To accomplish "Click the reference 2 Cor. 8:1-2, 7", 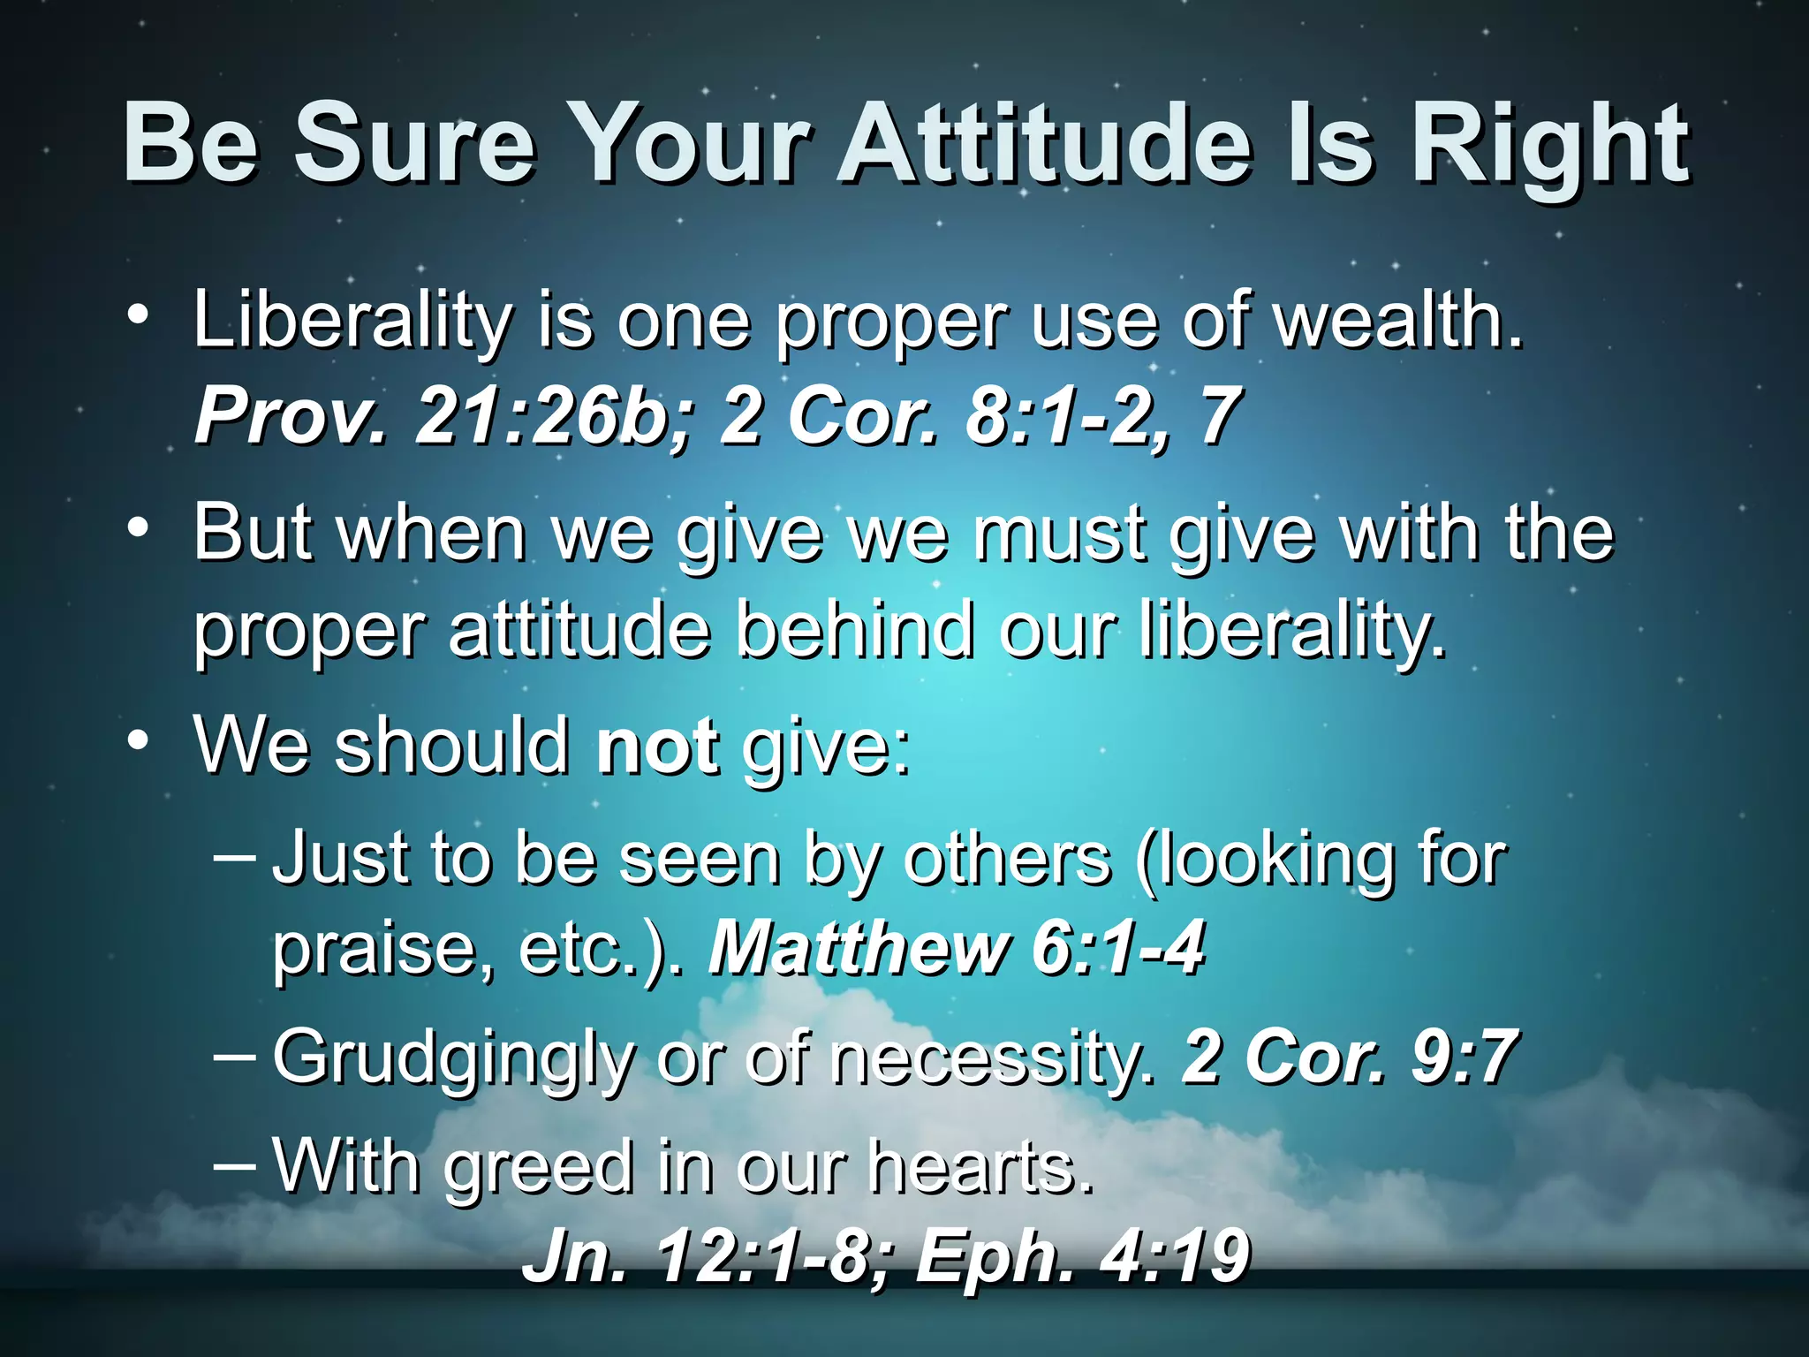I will pos(980,416).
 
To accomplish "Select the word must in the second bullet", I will pos(1061,533).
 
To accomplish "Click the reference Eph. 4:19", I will pos(1082,1257).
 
